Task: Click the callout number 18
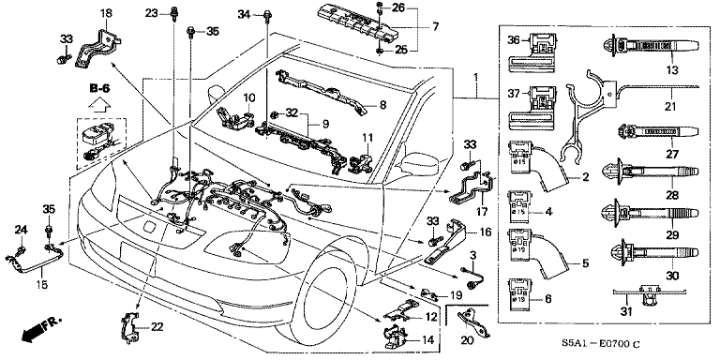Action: pos(105,13)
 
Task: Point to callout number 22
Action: pos(157,326)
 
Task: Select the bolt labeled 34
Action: pos(269,14)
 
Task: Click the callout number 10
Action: pos(250,97)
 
